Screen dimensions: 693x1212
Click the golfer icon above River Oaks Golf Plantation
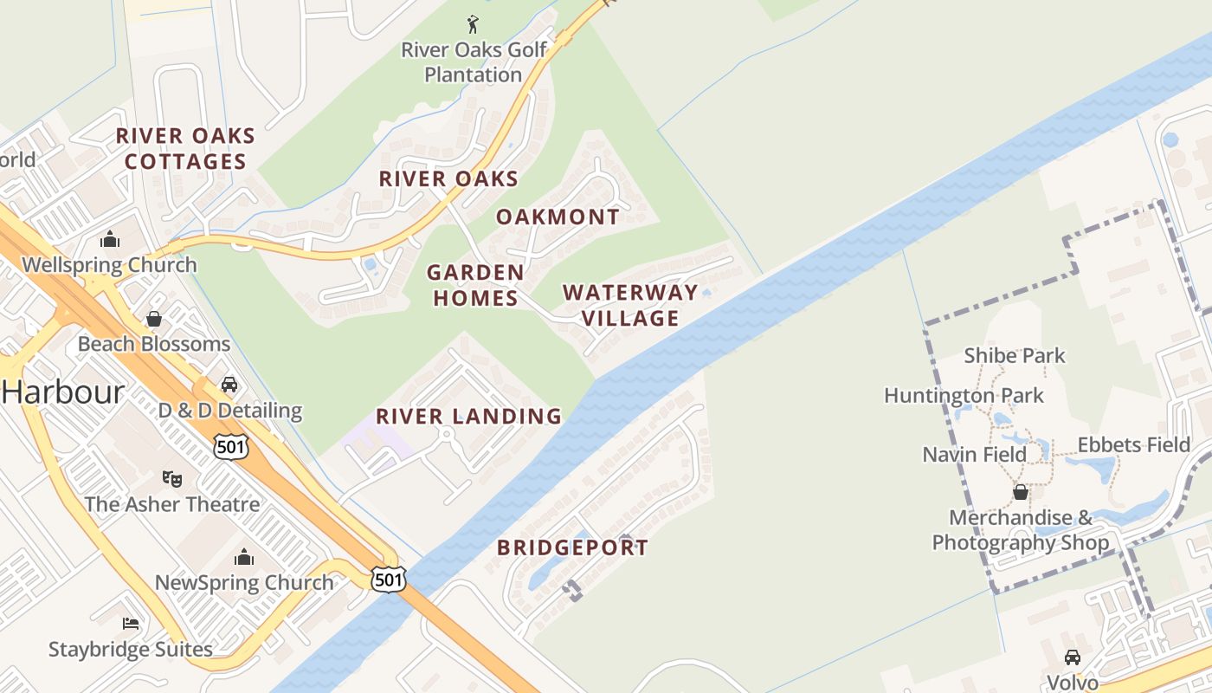473,24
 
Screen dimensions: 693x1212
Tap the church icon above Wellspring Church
110,239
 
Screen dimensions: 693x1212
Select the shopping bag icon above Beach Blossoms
154,319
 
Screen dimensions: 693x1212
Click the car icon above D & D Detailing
229,384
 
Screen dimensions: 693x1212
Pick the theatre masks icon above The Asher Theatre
172,478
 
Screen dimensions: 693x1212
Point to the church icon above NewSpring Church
244,557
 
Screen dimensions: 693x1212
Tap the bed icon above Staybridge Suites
130,623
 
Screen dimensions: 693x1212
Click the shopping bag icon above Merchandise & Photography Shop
1021,492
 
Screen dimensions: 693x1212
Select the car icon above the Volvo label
1073,657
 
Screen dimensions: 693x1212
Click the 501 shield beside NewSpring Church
389,580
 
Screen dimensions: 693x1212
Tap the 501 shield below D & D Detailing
231,447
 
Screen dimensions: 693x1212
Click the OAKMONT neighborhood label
558,217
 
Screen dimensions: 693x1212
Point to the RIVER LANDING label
468,416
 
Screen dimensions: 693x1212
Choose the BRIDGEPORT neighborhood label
572,547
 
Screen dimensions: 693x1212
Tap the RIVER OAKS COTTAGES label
185,148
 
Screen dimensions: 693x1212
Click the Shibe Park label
1015,355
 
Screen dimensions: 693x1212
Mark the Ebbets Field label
1133,444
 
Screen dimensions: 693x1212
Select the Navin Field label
974,454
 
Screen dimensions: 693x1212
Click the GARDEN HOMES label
475,285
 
